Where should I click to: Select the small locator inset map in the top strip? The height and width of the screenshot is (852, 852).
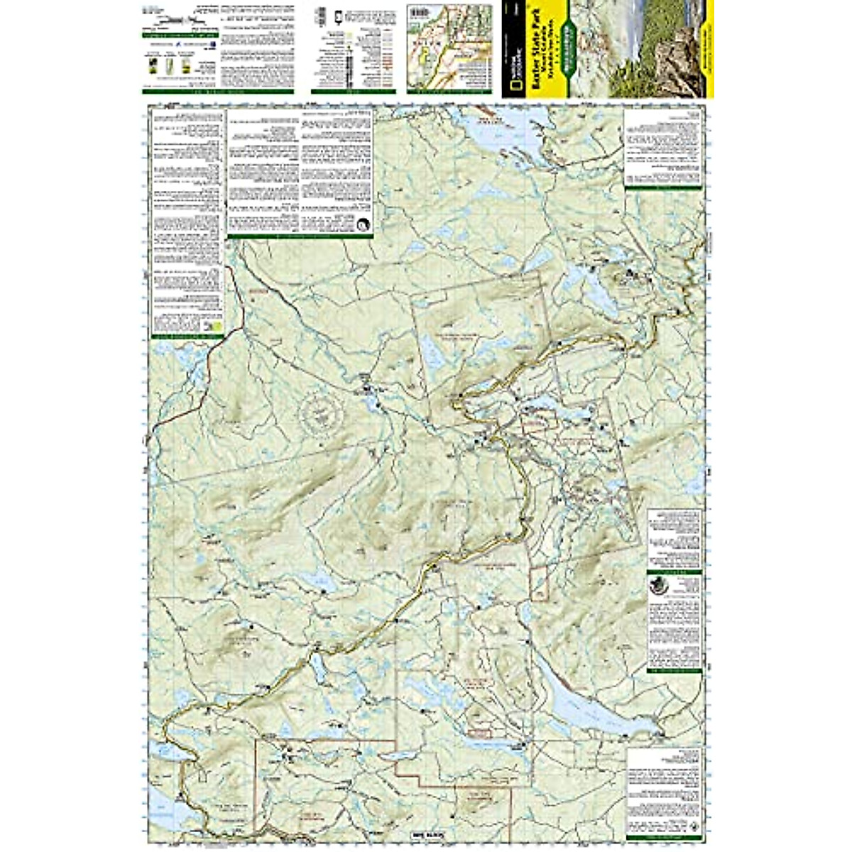point(449,48)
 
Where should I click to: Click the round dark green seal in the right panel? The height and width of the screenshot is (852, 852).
point(660,588)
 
